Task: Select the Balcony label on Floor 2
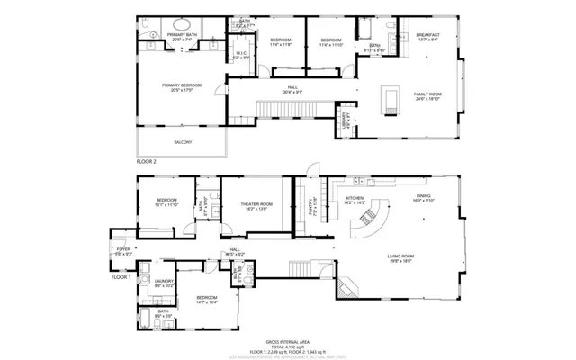click(x=182, y=142)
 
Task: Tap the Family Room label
click(x=427, y=95)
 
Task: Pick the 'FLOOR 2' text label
click(x=147, y=162)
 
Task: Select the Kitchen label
click(x=355, y=200)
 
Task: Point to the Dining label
click(x=423, y=198)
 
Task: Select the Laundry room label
click(x=164, y=283)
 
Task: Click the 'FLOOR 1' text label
click(x=121, y=277)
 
